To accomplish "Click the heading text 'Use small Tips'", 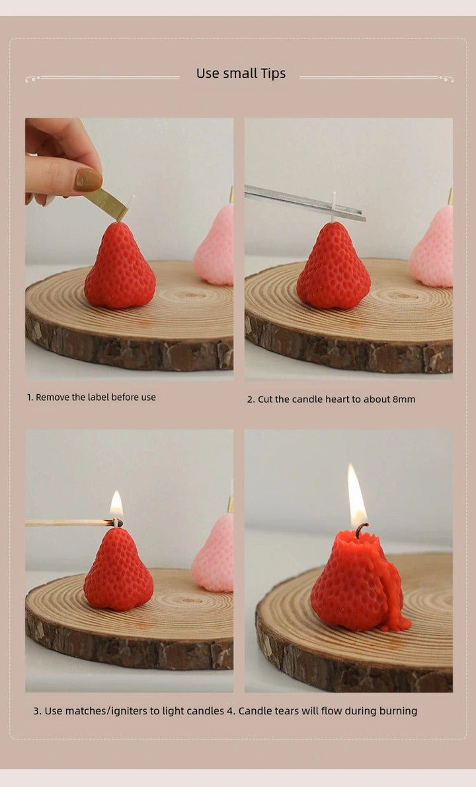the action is click(241, 73).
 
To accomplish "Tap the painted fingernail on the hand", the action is click(88, 180).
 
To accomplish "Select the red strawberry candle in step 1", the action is click(120, 265).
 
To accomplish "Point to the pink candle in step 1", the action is click(215, 246).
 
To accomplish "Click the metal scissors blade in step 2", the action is click(305, 202).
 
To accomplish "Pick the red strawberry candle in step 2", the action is click(333, 265).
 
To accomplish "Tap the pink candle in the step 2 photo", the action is click(432, 247).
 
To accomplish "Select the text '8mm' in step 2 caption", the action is click(404, 399).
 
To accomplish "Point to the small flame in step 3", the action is click(116, 504).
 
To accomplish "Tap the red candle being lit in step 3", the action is click(118, 568).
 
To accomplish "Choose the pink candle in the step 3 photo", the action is click(213, 553).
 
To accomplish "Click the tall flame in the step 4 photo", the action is click(356, 495).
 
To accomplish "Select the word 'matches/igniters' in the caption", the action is click(105, 711).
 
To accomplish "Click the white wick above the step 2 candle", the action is click(333, 207).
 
